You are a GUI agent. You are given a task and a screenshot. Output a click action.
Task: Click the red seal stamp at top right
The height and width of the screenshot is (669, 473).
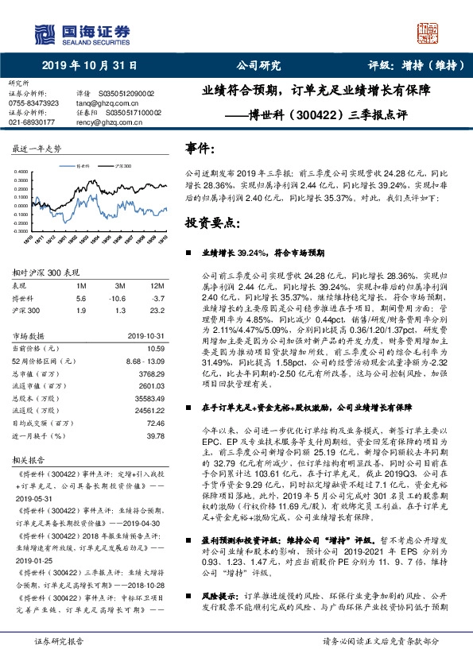pos(428,33)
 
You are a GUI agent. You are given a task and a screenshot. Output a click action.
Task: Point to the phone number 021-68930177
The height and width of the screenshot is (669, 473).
pos(31,122)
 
